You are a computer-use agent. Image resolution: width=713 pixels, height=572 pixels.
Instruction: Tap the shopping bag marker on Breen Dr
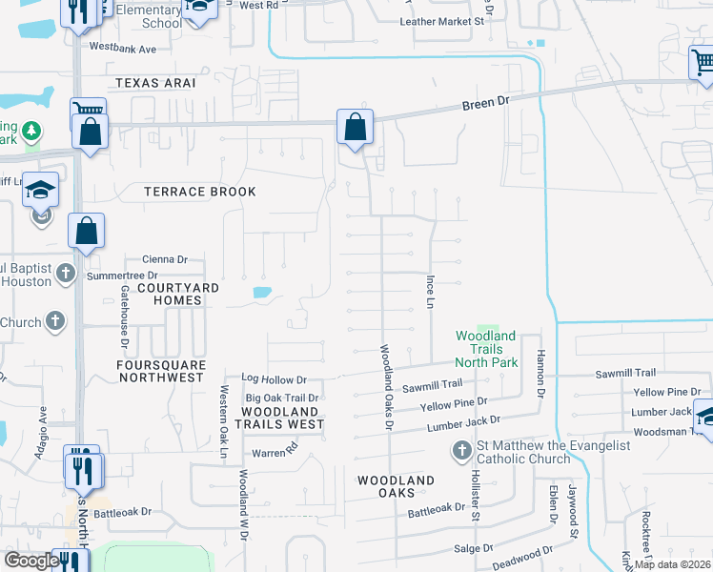pyautogui.click(x=355, y=127)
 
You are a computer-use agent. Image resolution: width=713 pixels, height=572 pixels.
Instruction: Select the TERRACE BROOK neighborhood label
pyautogui.click(x=200, y=192)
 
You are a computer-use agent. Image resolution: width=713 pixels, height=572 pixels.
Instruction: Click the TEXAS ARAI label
pyautogui.click(x=155, y=83)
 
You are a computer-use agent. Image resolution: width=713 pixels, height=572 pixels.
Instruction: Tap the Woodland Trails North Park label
pyautogui.click(x=486, y=349)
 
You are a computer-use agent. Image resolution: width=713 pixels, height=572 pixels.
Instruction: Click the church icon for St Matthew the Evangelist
pyautogui.click(x=461, y=449)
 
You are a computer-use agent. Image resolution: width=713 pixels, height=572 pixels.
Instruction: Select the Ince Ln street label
pyautogui.click(x=430, y=292)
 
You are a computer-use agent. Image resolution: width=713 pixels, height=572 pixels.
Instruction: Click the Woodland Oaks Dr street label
pyautogui.click(x=388, y=386)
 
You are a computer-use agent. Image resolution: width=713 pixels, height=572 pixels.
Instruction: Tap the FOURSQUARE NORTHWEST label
pyautogui.click(x=160, y=371)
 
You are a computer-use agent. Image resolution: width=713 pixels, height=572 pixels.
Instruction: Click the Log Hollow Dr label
pyautogui.click(x=274, y=379)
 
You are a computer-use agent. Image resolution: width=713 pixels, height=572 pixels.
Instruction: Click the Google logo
pyautogui.click(x=31, y=561)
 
